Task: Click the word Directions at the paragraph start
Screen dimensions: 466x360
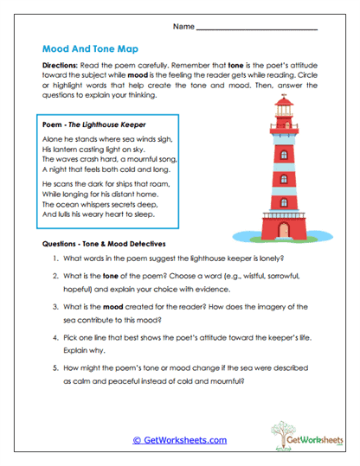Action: click(x=60, y=66)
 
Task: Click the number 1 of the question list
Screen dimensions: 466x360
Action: click(x=54, y=259)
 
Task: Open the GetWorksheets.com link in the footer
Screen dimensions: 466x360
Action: click(x=179, y=440)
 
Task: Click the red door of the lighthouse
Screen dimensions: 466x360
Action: click(x=284, y=228)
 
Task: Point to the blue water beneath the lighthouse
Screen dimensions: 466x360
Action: click(x=260, y=235)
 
